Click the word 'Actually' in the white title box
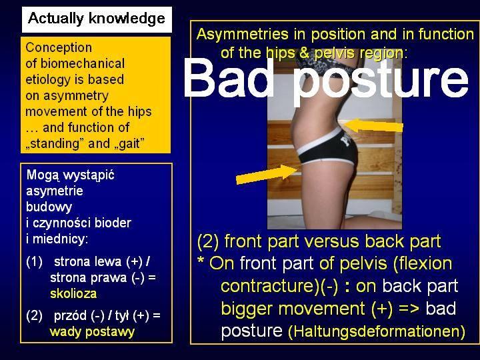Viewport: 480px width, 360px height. [56, 19]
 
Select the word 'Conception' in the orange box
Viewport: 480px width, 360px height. [59, 48]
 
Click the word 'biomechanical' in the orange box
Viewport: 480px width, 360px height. [83, 64]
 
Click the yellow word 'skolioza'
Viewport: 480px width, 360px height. [73, 294]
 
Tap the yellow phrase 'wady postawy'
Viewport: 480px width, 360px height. [92, 332]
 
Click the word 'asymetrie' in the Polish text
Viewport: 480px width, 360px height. [55, 191]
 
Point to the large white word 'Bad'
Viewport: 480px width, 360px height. [228, 78]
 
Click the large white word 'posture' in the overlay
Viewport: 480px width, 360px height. [380, 82]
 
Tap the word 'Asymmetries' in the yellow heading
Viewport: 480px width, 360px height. [243, 34]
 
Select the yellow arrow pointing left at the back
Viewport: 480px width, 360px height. [373, 125]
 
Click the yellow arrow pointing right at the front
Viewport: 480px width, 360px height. [267, 175]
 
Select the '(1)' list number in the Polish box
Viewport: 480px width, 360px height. [34, 262]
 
